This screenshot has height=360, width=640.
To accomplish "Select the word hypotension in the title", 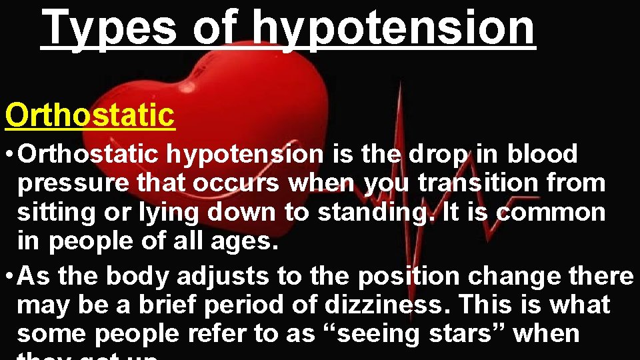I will pos(393,28).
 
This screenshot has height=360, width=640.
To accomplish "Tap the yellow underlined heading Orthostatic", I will pos(90,115).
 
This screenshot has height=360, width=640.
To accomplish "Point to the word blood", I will pos(542,154).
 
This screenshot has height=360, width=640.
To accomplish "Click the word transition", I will pos(475,183).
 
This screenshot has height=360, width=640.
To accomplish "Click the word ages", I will pos(245,241).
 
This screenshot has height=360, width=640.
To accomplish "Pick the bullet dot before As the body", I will pos(10,276).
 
